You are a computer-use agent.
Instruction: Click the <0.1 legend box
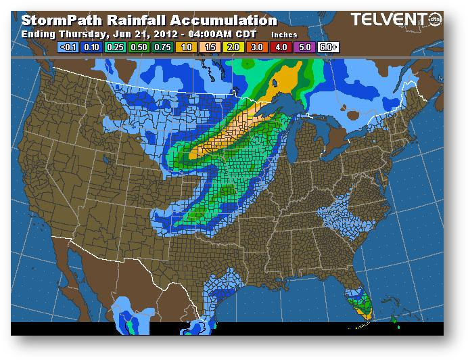coord(69,48)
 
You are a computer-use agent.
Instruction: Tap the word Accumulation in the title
coord(223,21)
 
